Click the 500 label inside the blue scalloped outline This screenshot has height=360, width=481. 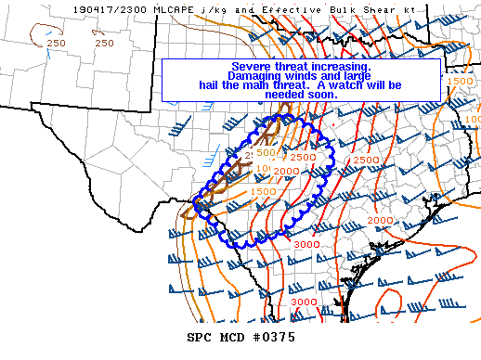[266, 152]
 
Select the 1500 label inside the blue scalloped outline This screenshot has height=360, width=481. [263, 191]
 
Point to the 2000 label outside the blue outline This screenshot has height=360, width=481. [379, 221]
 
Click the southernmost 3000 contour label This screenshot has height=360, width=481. [303, 302]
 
